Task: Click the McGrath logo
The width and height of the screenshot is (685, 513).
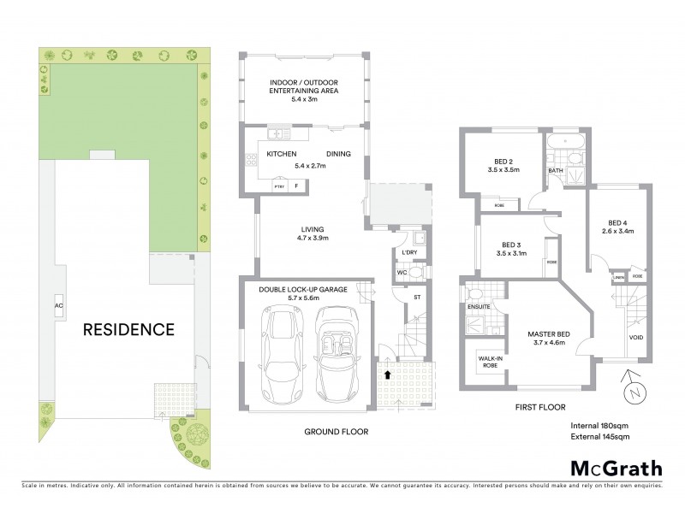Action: (x=616, y=468)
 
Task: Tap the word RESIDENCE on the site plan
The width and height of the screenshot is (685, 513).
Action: (x=128, y=329)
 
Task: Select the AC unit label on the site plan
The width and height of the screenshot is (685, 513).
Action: (x=59, y=305)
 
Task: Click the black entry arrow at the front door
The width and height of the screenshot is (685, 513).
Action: (x=388, y=374)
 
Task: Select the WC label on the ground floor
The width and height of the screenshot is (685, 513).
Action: (x=400, y=273)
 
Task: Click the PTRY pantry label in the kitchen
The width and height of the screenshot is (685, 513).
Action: (x=278, y=186)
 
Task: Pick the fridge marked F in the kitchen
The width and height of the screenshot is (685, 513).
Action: (x=296, y=185)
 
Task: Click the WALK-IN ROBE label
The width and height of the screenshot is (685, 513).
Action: (x=489, y=361)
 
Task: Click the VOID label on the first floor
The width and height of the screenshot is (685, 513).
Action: (x=636, y=337)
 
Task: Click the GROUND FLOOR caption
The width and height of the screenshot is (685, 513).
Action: (x=337, y=432)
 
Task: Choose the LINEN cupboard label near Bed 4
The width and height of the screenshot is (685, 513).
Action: (x=618, y=277)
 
